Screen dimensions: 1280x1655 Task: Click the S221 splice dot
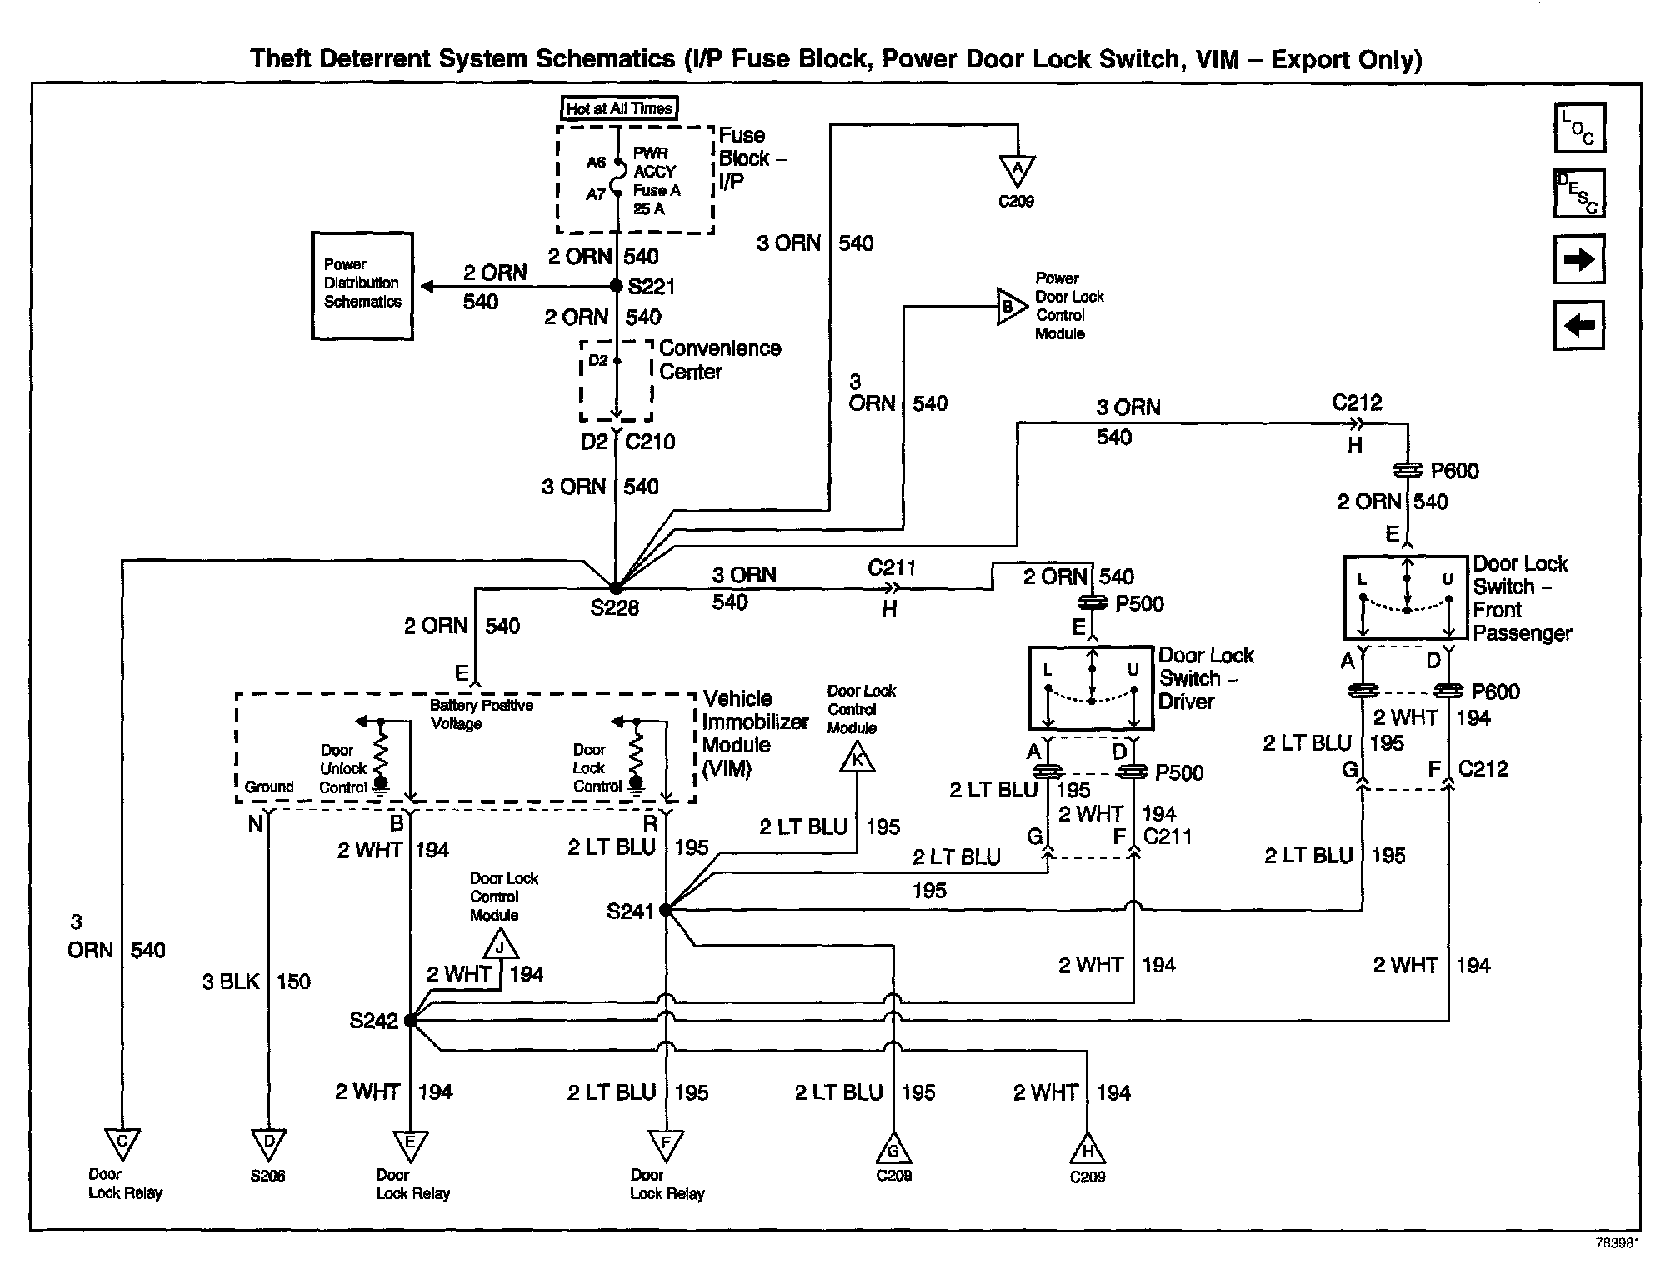coord(617,286)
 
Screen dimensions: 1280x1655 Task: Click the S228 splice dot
coord(615,588)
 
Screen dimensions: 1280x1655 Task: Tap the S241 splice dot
coord(666,910)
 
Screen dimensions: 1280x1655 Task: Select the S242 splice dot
coord(410,1020)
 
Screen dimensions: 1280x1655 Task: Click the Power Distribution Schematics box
coord(362,286)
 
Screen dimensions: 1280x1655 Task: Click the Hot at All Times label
coord(619,108)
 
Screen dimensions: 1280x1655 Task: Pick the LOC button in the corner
coord(1579,128)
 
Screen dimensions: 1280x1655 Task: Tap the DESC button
coord(1579,194)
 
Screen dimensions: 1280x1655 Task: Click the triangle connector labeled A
coord(1017,169)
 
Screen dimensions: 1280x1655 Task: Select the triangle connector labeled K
coord(857,758)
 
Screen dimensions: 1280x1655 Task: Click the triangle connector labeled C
coord(122,1142)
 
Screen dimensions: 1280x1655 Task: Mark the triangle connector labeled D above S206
coord(268,1142)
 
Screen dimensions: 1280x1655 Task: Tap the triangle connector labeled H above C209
coord(1087,1150)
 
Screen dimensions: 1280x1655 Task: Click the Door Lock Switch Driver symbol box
coord(1091,688)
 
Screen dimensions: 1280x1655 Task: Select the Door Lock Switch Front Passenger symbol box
coord(1406,597)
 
